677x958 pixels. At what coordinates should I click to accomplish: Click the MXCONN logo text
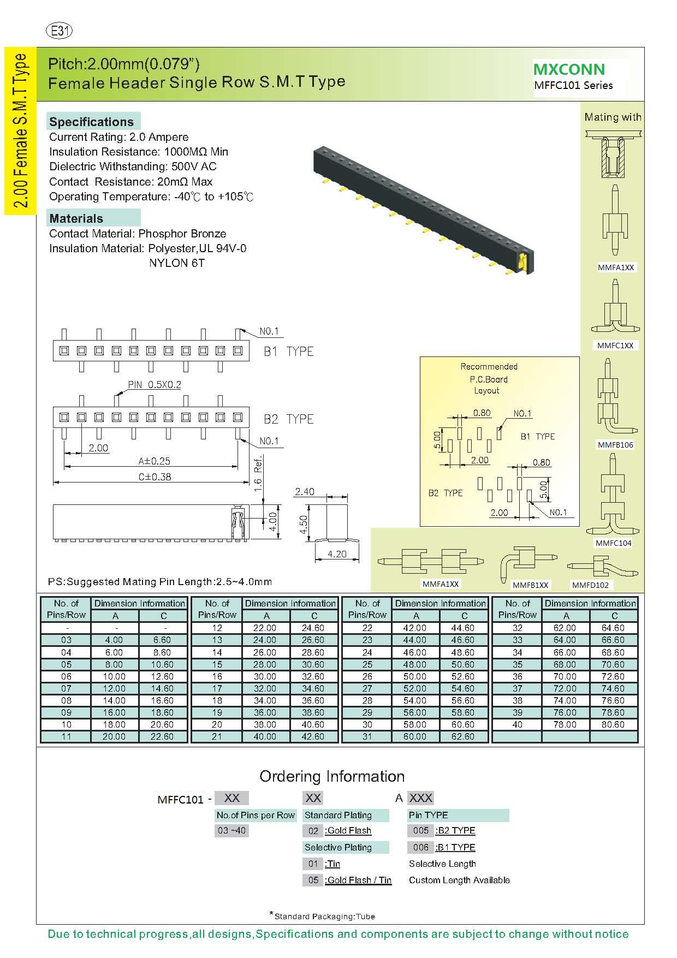[569, 69]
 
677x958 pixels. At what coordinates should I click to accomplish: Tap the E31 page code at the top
[60, 31]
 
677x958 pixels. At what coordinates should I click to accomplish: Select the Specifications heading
[92, 122]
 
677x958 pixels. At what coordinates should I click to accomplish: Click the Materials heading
[76, 218]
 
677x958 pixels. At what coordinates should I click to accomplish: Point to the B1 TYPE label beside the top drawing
[289, 352]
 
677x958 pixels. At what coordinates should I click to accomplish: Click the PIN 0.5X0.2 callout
[155, 385]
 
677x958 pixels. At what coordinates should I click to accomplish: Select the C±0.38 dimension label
[155, 477]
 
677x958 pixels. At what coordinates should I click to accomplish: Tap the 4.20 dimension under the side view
[337, 554]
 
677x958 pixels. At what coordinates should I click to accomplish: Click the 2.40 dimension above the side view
[304, 492]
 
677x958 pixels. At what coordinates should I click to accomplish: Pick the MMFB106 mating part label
[615, 445]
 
